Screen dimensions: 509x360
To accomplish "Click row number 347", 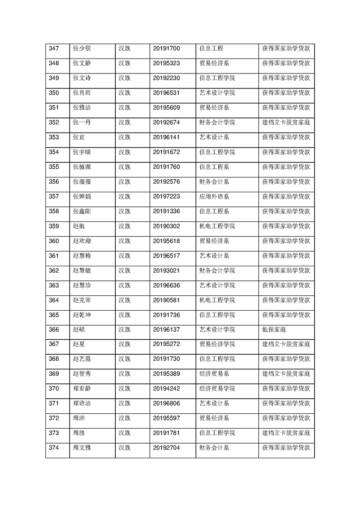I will coord(54,49).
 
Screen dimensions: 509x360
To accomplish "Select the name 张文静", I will coord(82,64).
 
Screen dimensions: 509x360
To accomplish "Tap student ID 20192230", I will coord(166,78).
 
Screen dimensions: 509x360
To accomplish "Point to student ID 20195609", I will coord(166,108).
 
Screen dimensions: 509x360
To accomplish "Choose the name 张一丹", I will coord(82,122).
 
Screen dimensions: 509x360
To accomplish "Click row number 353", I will coord(54,137).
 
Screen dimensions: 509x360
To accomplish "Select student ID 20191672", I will coord(166,152).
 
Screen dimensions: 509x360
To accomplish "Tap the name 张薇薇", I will coord(82,181).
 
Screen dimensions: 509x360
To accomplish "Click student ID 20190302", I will coord(166,226).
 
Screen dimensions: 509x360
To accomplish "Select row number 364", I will coord(54,300).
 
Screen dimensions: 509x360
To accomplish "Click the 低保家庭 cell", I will coord(274,329).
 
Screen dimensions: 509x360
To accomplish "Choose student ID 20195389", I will coord(166,374).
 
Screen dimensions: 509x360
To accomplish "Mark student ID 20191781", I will coord(166,433).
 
